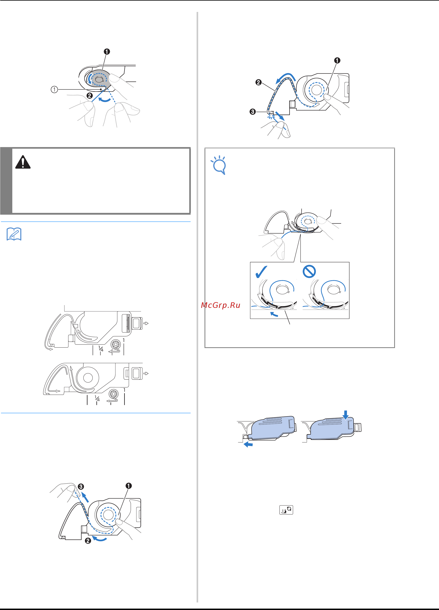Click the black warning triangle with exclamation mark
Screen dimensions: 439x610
click(x=23, y=162)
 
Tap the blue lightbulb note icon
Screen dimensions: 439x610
click(x=219, y=165)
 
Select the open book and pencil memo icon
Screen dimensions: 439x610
click(x=14, y=234)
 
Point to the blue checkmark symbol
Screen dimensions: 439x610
click(x=261, y=272)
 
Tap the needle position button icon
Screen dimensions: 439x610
click(x=286, y=510)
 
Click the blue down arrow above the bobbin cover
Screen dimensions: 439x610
click(x=346, y=415)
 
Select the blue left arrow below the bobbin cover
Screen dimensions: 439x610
click(x=248, y=445)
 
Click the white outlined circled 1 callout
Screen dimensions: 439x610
click(x=54, y=89)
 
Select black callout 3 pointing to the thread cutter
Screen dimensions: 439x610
click(x=253, y=112)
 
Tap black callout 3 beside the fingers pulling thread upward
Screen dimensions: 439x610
click(x=81, y=486)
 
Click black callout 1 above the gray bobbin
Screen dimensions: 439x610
click(x=107, y=51)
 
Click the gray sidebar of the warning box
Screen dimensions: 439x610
click(x=6, y=180)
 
